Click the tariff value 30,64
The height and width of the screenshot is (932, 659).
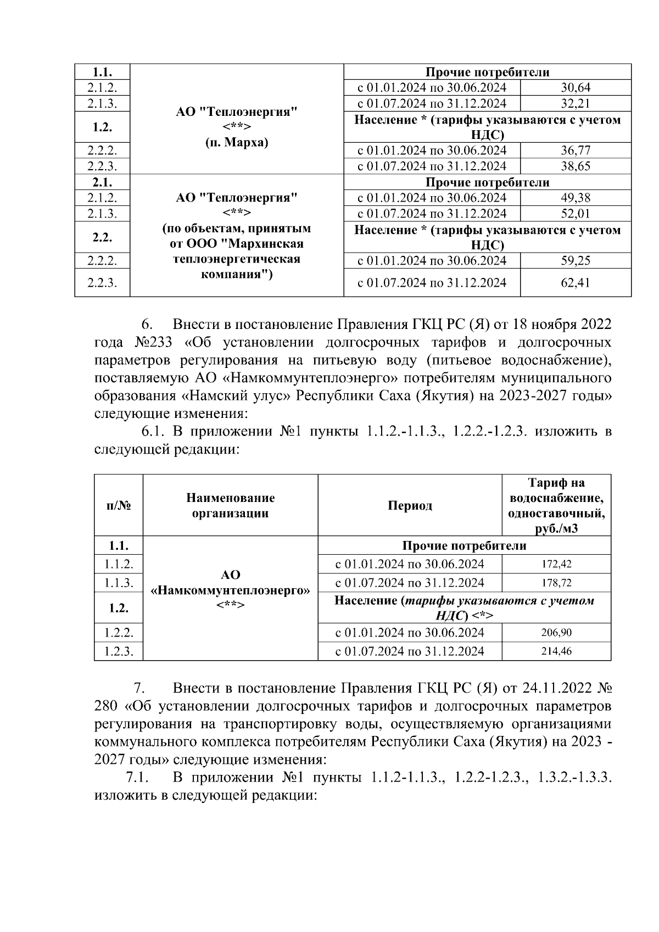[576, 88]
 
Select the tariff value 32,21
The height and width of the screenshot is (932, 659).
[576, 104]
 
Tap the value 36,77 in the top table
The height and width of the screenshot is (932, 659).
[576, 150]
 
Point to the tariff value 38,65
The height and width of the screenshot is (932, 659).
[576, 166]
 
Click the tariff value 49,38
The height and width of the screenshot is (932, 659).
[576, 198]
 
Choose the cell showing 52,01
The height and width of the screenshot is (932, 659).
[576, 214]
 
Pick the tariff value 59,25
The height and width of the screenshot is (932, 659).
[576, 261]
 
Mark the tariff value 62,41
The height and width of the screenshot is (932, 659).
[576, 283]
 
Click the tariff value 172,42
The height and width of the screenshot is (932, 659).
[556, 564]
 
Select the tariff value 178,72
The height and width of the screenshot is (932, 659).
[556, 583]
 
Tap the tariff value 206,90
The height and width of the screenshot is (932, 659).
[556, 633]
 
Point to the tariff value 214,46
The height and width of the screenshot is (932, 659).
[556, 651]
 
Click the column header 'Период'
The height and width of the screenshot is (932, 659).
[410, 506]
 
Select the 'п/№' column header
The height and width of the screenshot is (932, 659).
[119, 506]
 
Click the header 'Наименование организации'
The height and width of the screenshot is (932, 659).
[230, 506]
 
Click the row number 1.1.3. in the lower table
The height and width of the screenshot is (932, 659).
[119, 583]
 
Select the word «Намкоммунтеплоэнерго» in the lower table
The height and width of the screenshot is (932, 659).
[230, 590]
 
